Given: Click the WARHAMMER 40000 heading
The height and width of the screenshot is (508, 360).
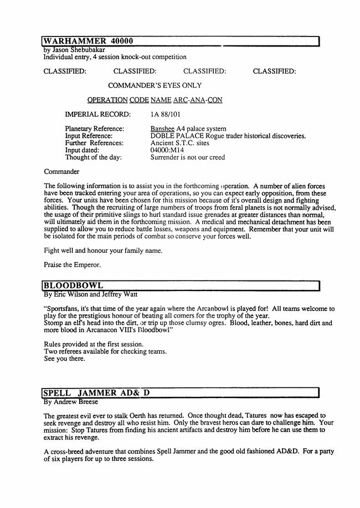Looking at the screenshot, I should pos(88,41).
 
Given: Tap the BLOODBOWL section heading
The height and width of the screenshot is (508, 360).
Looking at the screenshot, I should pos(73,285).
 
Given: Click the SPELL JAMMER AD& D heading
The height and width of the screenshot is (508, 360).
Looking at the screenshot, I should pos(95,393).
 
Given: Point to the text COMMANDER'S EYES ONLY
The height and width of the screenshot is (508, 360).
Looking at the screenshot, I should pos(155,86).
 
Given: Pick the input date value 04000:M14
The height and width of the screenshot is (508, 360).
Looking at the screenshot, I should pos(167,150).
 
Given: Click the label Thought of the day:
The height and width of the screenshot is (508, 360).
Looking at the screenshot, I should pos(93,157).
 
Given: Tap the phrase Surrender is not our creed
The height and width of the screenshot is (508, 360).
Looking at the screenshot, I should pos(187,157).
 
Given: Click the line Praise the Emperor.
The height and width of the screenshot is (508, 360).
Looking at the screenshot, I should pos(72,265).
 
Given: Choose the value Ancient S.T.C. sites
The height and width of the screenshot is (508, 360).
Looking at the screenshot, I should pos(179,143).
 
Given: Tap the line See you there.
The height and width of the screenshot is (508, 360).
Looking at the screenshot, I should pos(64,359).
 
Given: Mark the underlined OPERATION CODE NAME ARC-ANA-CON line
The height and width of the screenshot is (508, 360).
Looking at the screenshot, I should pos(155,100).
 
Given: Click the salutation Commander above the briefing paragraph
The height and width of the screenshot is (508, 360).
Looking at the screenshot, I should pos(61,172).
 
